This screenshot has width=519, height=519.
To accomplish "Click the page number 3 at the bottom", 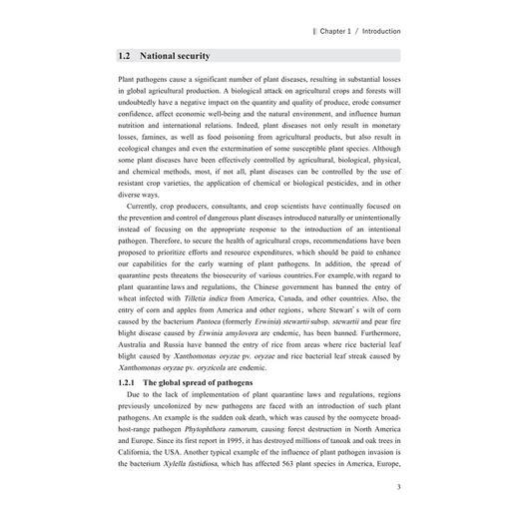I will (398, 487).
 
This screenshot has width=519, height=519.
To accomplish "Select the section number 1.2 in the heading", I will (125, 56).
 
